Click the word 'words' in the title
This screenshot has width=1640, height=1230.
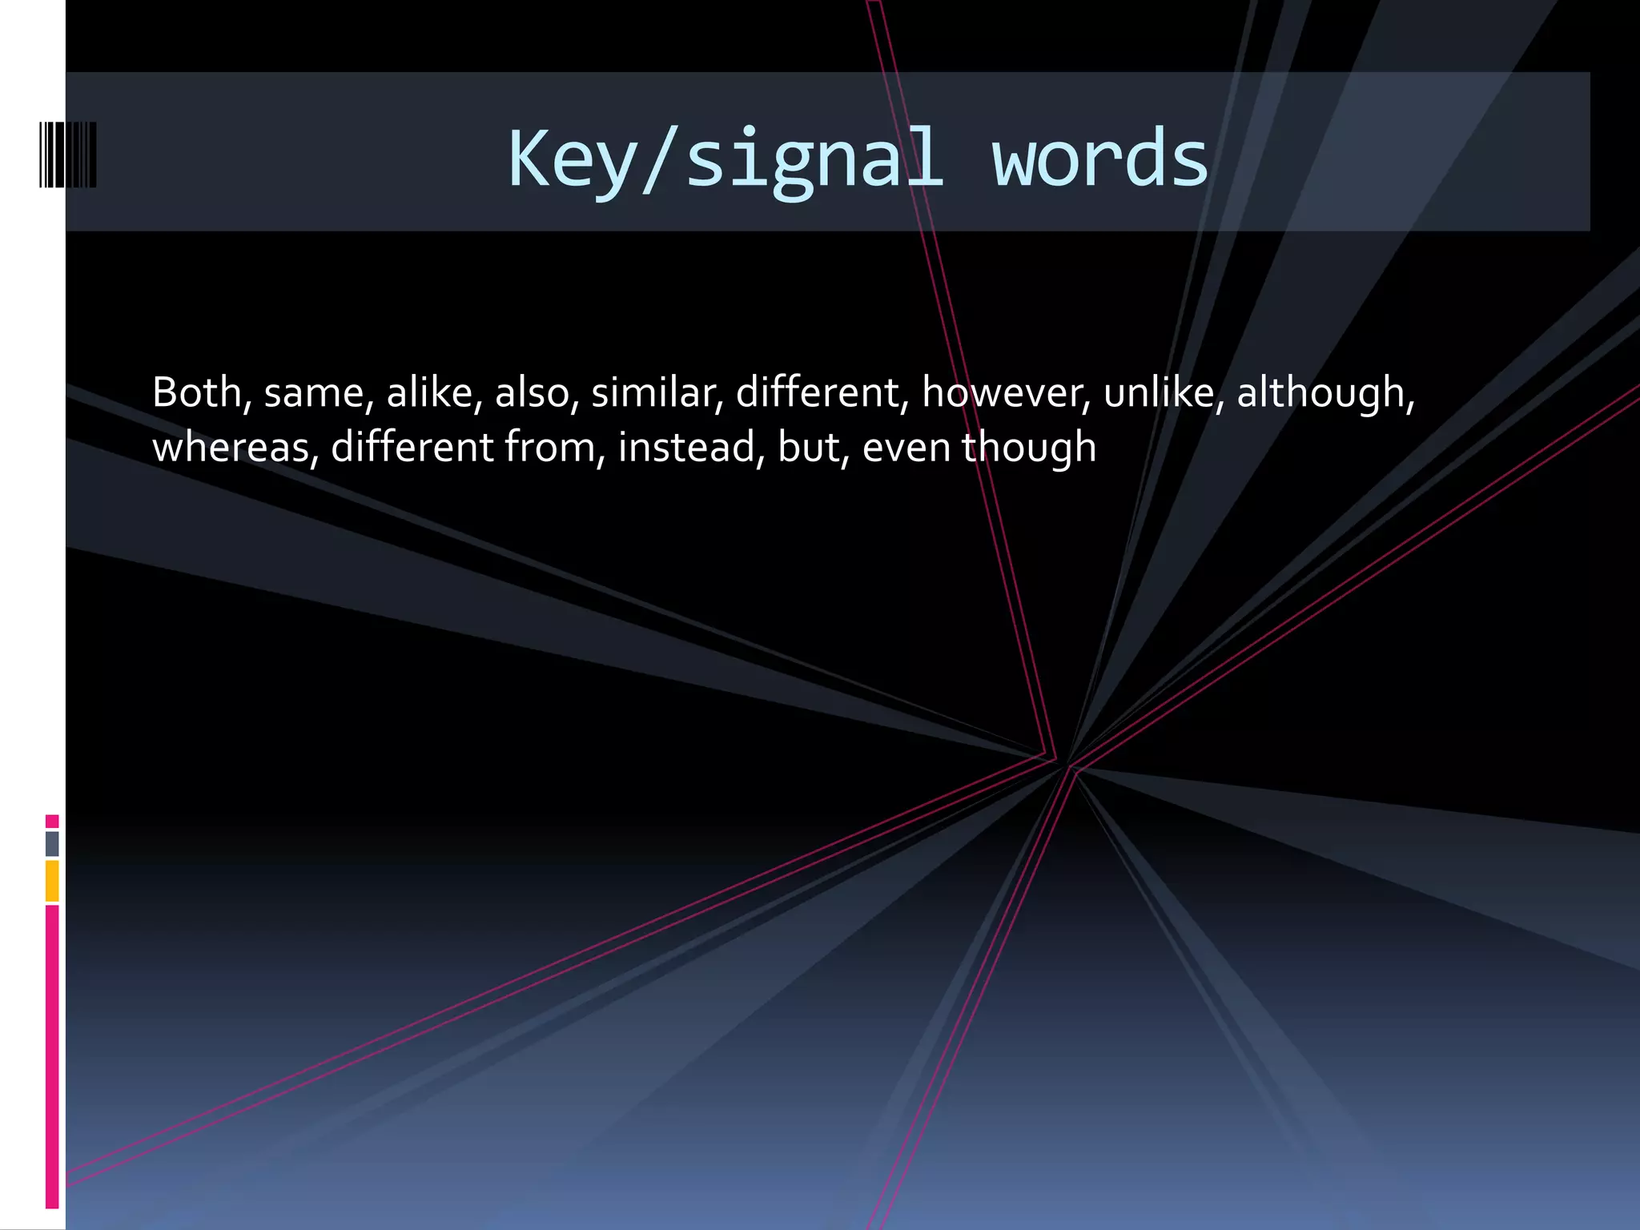pyautogui.click(x=1099, y=159)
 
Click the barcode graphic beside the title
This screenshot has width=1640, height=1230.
pyautogui.click(x=68, y=155)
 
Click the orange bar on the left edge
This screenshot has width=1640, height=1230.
pyautogui.click(x=52, y=881)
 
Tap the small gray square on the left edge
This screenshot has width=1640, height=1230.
pyautogui.click(x=52, y=843)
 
